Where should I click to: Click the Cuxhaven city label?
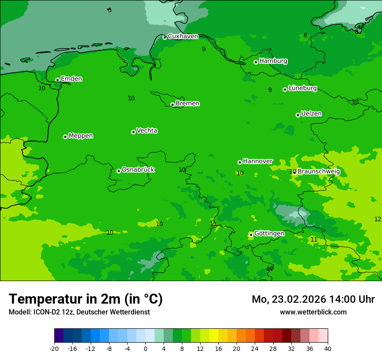tap(183, 36)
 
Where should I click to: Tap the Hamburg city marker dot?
tap(256, 62)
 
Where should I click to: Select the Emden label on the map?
tap(71, 79)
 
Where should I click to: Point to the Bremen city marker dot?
tap(172, 105)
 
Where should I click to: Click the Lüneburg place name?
tap(302, 88)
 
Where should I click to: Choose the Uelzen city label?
tap(311, 114)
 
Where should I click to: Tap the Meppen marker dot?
tap(65, 137)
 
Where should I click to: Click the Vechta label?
tap(147, 131)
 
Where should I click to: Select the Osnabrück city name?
tap(138, 170)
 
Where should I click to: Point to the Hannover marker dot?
tap(240, 162)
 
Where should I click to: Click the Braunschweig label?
tap(319, 171)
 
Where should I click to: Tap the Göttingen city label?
tap(269, 233)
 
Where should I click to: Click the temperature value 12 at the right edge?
tap(378, 219)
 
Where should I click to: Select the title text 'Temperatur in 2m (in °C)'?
tap(86, 299)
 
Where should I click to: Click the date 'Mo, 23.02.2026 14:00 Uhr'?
tap(313, 299)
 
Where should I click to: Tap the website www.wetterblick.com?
tap(313, 312)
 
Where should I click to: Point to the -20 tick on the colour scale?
tap(54, 349)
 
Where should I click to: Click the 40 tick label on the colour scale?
tap(328, 349)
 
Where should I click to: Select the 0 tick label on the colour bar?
tap(145, 349)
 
